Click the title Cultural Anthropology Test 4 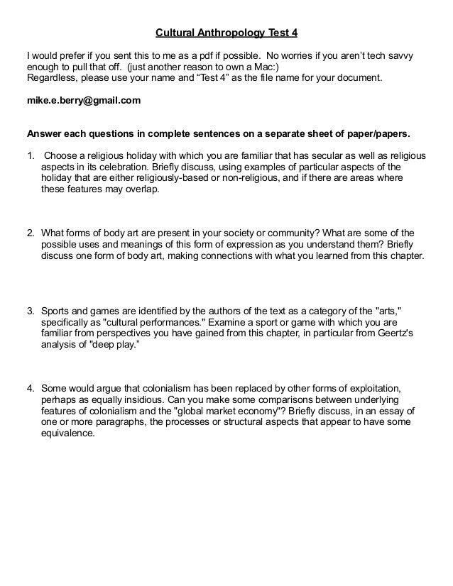click(226, 33)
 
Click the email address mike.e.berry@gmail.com click(83, 101)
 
